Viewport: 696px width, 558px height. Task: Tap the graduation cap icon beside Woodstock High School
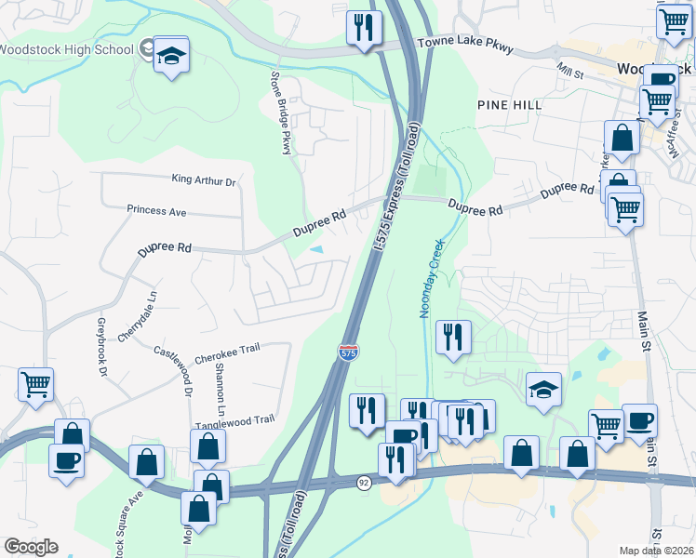coord(171,58)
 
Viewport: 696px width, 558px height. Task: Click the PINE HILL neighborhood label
coord(509,105)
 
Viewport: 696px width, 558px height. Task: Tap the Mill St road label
coord(569,71)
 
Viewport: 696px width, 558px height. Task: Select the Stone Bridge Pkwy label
coord(281,111)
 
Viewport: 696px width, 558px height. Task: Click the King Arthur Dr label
coord(204,179)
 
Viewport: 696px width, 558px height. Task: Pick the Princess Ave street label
coord(156,211)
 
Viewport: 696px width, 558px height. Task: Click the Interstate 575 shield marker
coord(346,352)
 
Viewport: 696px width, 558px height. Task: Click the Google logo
coord(31,546)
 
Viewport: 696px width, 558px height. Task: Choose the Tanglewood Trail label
coord(234,420)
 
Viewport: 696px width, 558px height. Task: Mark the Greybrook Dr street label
coord(101,346)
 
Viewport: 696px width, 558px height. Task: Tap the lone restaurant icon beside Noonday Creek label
coord(453,339)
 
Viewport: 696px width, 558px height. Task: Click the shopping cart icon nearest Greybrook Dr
coord(35,384)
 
